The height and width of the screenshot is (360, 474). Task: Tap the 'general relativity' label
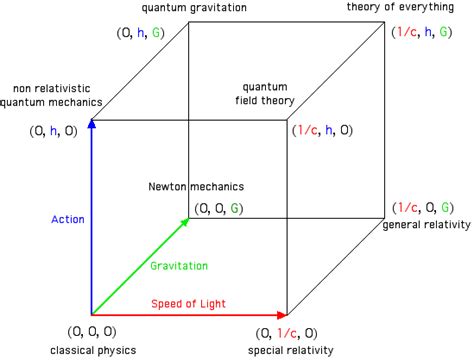426,226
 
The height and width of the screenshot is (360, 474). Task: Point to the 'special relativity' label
293,351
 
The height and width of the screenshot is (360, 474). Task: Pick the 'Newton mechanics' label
196,186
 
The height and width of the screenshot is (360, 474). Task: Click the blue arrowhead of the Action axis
91,124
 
